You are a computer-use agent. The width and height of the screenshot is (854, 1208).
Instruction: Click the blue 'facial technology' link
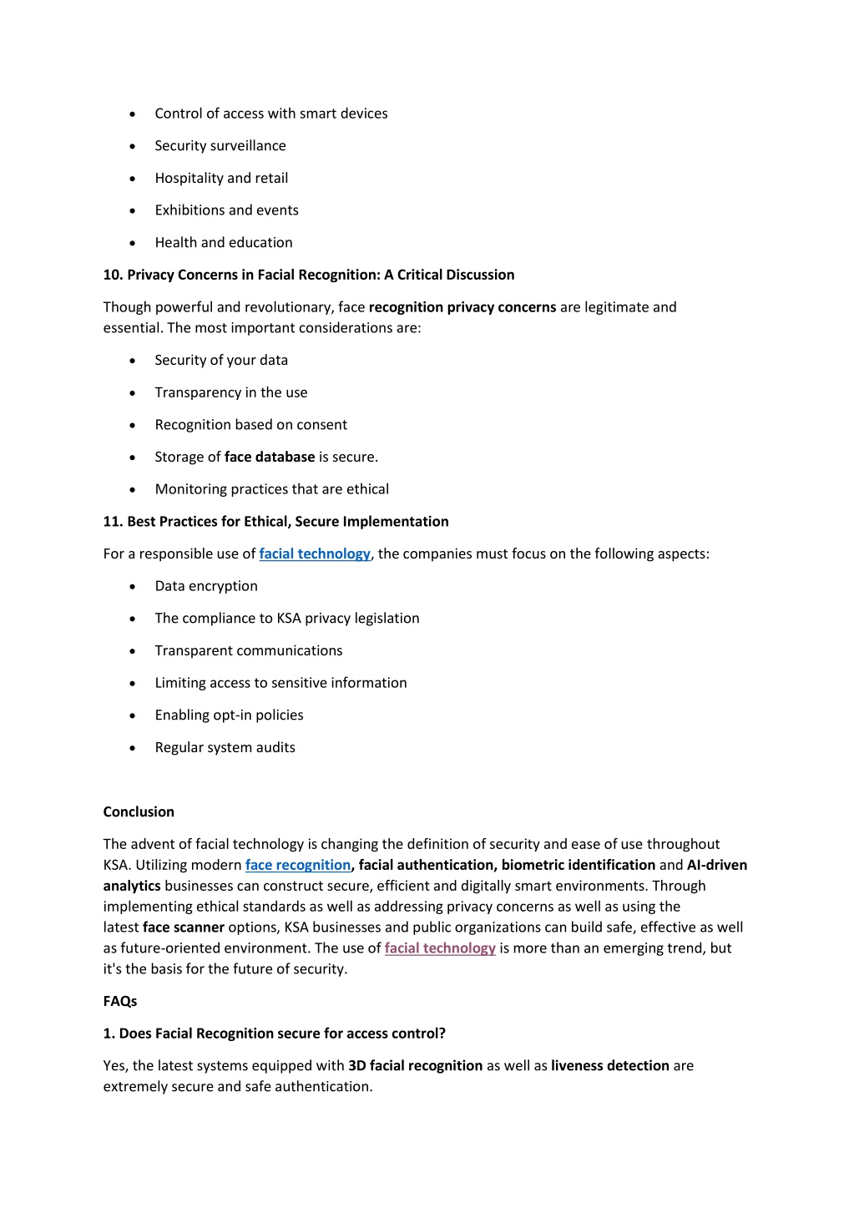click(x=315, y=553)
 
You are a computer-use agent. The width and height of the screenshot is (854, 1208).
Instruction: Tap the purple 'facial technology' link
click(x=440, y=948)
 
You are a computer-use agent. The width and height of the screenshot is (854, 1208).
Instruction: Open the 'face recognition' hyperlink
click(x=298, y=865)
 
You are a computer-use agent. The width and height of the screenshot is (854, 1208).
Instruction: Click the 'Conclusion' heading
click(x=139, y=811)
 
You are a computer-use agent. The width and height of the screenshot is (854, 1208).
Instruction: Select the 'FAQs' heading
click(x=120, y=1001)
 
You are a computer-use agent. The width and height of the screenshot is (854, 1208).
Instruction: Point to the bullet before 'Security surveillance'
click(x=133, y=146)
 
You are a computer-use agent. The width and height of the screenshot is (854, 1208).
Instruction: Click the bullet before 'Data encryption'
click(x=133, y=587)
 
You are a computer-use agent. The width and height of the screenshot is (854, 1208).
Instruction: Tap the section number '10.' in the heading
click(x=114, y=275)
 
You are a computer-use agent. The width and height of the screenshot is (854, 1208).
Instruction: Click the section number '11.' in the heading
click(x=114, y=521)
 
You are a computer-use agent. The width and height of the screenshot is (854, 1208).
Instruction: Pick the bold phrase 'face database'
click(x=270, y=457)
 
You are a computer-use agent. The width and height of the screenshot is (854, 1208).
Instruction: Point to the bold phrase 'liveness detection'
click(x=610, y=1065)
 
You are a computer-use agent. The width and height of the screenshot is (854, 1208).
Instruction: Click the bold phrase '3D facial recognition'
click(x=416, y=1065)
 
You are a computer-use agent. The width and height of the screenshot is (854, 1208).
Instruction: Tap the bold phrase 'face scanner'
click(x=184, y=927)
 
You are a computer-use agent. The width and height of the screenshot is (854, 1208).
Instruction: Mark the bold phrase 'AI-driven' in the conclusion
click(x=717, y=865)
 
